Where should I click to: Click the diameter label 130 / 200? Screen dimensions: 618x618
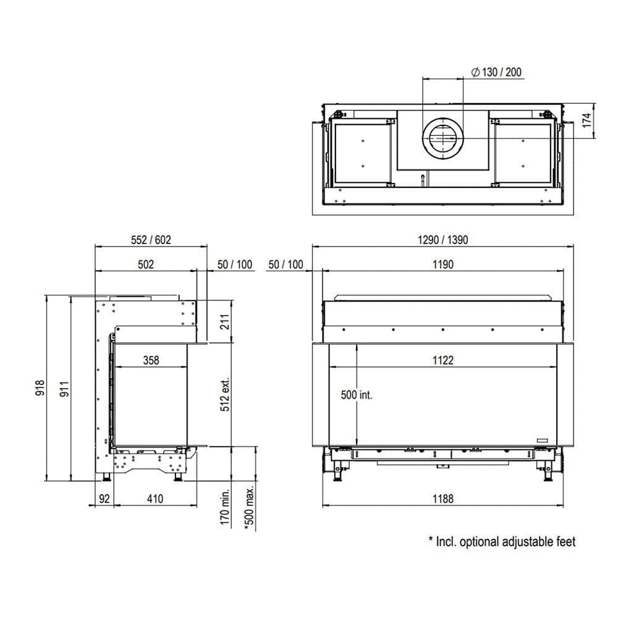tap(496, 72)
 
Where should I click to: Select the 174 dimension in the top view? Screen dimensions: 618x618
tap(587, 121)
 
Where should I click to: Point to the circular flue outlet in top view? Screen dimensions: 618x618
tap(442, 137)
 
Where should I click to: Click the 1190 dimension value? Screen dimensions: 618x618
tap(442, 265)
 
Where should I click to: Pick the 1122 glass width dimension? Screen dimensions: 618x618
tap(442, 360)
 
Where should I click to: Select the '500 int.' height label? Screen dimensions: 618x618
tap(357, 395)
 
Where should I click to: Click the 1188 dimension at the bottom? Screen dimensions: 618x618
tap(442, 499)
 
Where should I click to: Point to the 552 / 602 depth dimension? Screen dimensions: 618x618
tap(151, 240)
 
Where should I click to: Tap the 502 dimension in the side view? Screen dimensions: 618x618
tap(145, 265)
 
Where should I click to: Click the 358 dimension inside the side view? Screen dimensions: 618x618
tap(150, 360)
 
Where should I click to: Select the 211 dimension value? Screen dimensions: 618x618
tap(225, 322)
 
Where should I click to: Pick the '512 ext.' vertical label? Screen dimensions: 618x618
tap(225, 394)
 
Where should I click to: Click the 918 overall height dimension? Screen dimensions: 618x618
tap(40, 387)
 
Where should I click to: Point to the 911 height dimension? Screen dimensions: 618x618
tap(64, 387)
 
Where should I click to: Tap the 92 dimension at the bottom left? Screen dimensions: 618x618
tap(103, 499)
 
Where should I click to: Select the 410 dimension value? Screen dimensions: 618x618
tap(155, 499)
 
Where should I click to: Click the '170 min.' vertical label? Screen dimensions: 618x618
tap(225, 507)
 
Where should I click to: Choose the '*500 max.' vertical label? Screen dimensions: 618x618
tap(250, 507)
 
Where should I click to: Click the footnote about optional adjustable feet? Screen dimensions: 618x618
tap(502, 542)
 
